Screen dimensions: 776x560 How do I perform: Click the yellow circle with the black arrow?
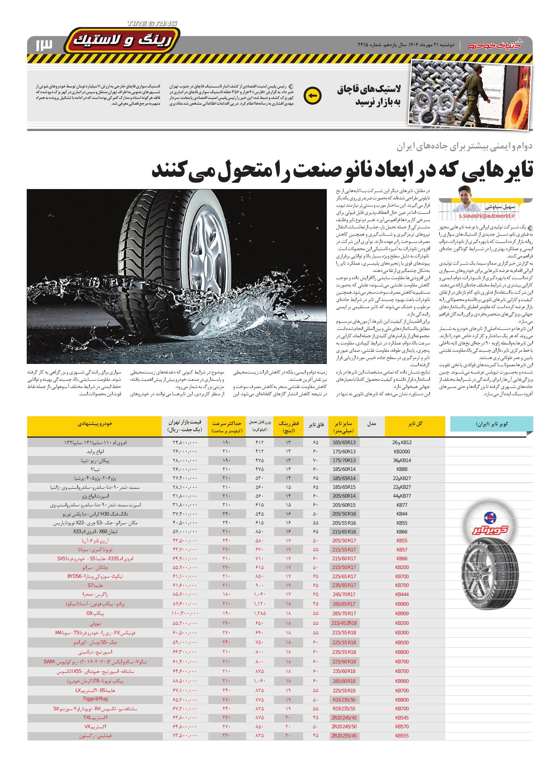pos(312,96)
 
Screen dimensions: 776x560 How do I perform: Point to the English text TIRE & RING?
pos(152,24)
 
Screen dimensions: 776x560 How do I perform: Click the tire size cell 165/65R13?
pos(344,443)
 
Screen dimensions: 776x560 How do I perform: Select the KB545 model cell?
pos(402,717)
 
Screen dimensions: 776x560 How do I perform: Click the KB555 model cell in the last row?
pos(402,736)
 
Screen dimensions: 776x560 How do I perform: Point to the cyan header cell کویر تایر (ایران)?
pos(492,424)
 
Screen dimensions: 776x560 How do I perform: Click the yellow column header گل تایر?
pos(415,424)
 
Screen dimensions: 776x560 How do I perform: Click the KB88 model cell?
pos(402,469)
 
